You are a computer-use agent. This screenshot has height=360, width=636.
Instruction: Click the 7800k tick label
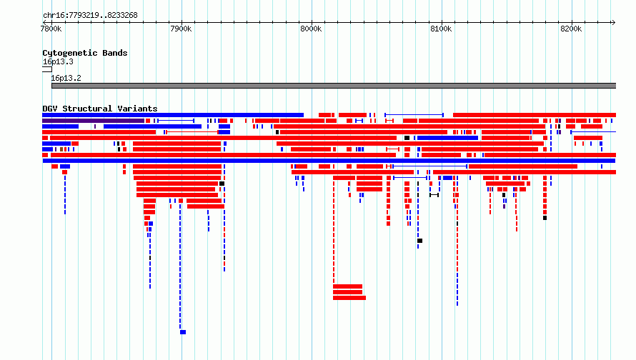click(51, 29)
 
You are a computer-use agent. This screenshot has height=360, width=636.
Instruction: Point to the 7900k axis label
click(181, 29)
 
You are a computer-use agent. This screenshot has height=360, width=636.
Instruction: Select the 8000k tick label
click(311, 29)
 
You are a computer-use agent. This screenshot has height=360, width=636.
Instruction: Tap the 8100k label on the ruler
click(441, 29)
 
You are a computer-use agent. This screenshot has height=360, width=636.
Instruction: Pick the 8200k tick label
click(571, 29)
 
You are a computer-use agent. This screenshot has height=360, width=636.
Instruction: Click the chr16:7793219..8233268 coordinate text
click(91, 16)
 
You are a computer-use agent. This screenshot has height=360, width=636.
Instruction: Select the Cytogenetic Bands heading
click(85, 53)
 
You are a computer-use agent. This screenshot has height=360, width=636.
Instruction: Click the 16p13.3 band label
click(58, 61)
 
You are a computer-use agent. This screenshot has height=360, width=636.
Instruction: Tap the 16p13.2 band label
click(66, 78)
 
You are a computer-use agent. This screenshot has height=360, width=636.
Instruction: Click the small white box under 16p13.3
click(47, 69)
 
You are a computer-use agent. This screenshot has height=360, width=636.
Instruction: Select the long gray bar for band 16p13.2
click(334, 86)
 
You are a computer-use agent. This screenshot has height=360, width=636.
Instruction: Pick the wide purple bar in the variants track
click(94, 121)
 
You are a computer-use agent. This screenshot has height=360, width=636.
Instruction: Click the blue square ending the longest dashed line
click(183, 332)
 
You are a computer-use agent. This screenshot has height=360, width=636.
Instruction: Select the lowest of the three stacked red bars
click(349, 298)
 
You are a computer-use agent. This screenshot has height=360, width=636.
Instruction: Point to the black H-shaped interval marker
click(434, 195)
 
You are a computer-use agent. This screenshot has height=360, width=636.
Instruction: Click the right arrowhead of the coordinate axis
click(613, 23)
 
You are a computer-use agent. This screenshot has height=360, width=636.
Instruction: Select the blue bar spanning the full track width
click(329, 161)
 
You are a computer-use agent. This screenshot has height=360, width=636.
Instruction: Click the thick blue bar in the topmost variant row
click(173, 115)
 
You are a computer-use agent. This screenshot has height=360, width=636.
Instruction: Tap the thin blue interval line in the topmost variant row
click(414, 115)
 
